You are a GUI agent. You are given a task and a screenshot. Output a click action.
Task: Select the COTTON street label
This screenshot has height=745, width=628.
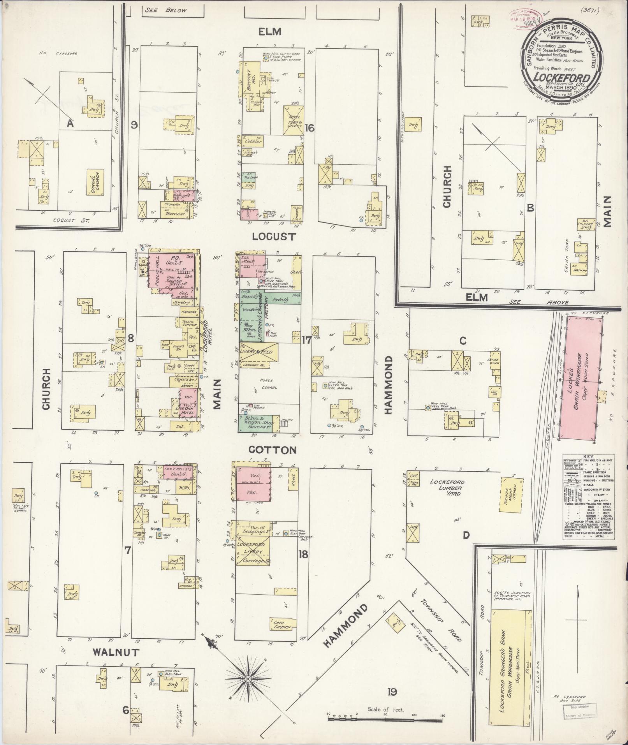272,450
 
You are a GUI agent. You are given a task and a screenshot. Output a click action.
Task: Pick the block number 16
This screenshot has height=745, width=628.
310,128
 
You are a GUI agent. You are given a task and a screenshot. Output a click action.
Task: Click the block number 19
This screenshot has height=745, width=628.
392,692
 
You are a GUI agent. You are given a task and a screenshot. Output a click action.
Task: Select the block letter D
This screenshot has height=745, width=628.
466,535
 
